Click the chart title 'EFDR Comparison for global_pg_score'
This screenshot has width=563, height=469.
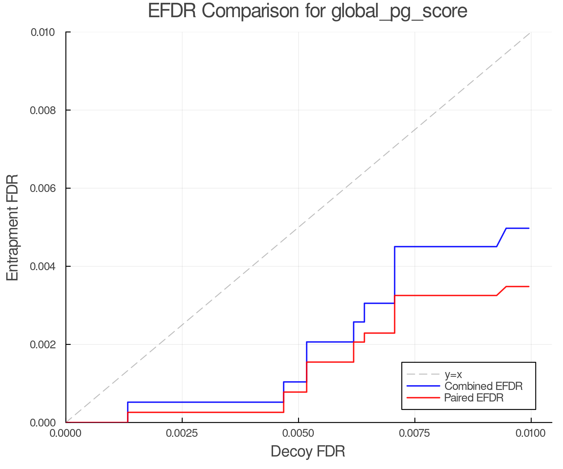(x=307, y=11)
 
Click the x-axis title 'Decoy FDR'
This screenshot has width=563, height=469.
(x=308, y=451)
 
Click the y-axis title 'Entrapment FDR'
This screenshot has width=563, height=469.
(x=13, y=227)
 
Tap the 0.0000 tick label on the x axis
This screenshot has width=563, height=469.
(x=66, y=433)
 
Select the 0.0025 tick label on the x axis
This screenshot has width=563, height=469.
(x=182, y=433)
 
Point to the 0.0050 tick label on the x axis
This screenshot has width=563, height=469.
(x=298, y=433)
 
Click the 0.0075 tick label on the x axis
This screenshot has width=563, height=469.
(x=415, y=433)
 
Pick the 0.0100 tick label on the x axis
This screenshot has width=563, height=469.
(x=531, y=433)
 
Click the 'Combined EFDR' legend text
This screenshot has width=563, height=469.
(x=484, y=386)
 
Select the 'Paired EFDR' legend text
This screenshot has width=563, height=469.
(x=474, y=398)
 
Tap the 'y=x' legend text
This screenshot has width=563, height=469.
(x=453, y=374)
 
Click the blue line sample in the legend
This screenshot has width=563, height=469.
(x=423, y=386)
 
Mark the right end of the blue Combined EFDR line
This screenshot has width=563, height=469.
(x=529, y=228)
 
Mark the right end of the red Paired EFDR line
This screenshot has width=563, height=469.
(x=529, y=286)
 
